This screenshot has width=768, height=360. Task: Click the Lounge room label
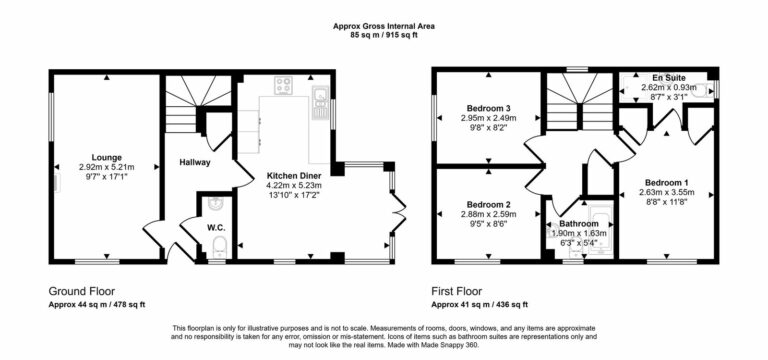[107, 157]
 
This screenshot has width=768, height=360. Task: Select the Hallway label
[193, 161]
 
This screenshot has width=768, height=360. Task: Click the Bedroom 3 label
[488, 108]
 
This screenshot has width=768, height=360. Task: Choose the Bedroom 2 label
[488, 203]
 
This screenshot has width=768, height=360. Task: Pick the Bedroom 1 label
[666, 183]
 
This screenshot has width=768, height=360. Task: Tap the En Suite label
[668, 77]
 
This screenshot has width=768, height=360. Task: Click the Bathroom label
[578, 223]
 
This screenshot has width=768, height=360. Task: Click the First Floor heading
[462, 291]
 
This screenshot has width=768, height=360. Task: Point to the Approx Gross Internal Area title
[383, 24]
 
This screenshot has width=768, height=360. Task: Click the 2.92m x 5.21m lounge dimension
[107, 167]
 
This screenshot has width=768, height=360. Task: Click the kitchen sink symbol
[320, 96]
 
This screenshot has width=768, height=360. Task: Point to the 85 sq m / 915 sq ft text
[383, 35]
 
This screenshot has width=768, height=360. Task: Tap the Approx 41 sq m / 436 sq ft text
[479, 304]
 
